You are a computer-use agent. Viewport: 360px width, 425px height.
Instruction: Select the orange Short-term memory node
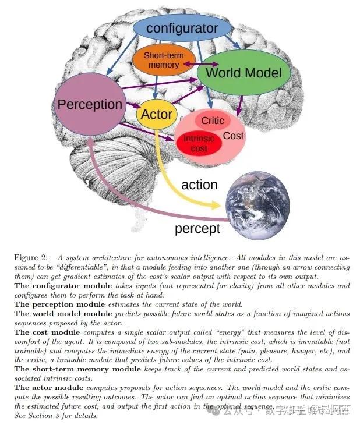[164, 60]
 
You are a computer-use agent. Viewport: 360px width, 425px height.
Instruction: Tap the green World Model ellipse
[243, 73]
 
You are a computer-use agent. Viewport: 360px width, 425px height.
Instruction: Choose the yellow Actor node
[156, 114]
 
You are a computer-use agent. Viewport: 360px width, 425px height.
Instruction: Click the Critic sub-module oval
[213, 121]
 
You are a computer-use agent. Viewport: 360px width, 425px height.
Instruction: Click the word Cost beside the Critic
[234, 136]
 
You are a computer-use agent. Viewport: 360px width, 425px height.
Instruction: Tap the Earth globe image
[257, 199]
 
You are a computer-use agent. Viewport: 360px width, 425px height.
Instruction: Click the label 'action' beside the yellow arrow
[199, 185]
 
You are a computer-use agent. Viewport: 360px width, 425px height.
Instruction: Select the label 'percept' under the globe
[197, 229]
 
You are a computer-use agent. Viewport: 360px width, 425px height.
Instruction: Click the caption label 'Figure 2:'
[33, 257]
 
